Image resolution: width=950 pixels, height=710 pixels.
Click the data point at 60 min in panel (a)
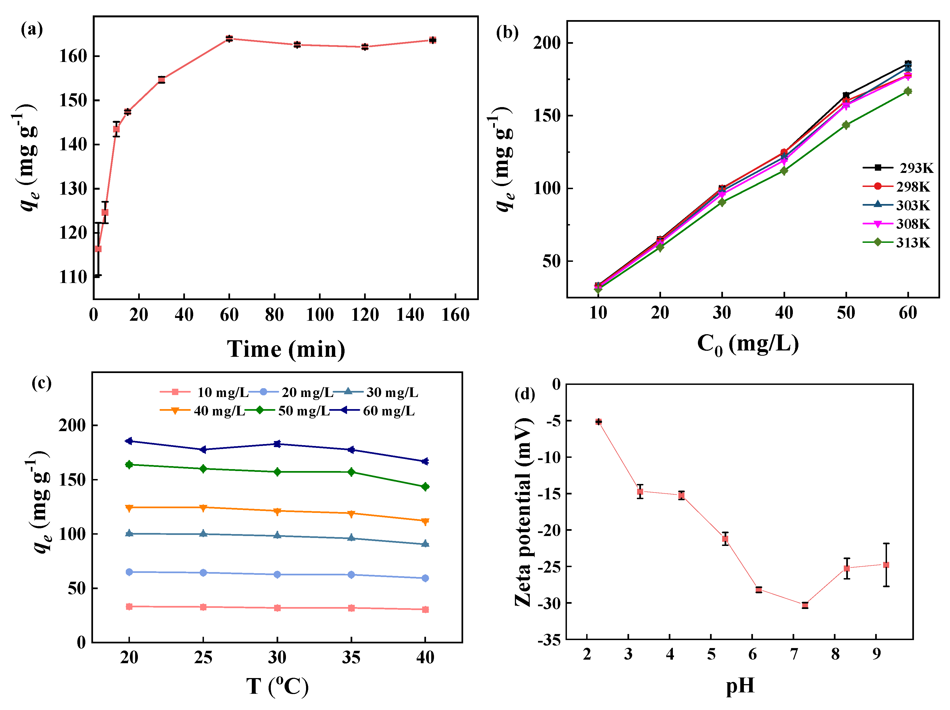229,39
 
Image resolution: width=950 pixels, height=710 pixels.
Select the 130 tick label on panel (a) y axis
73,189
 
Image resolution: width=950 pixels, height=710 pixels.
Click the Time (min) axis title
286,349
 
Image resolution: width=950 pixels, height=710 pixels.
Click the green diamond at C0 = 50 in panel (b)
846,125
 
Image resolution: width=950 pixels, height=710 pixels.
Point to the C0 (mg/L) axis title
747,344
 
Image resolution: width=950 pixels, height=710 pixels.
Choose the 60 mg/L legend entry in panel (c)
378,411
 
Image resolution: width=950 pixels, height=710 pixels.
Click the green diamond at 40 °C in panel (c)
425,487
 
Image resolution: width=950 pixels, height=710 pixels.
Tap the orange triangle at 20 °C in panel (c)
129,508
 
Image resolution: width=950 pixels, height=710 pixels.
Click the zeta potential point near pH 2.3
598,422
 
